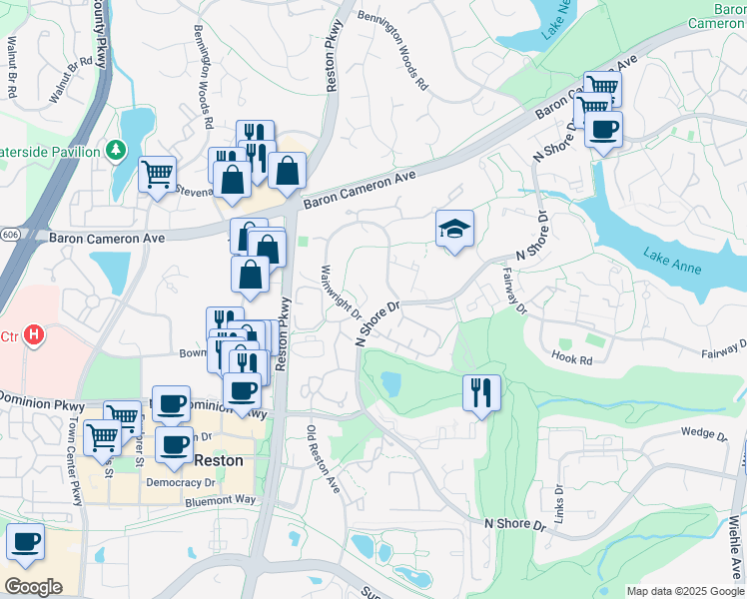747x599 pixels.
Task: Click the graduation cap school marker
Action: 454,229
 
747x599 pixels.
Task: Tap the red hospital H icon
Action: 35,334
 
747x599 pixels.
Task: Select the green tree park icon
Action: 118,151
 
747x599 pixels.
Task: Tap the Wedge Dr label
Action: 704,432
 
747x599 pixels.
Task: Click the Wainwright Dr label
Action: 341,293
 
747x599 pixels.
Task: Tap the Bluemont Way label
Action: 220,500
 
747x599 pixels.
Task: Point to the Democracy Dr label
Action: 181,481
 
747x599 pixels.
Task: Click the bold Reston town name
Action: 218,461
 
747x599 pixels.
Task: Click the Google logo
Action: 33,587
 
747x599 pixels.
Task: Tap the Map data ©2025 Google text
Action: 685,591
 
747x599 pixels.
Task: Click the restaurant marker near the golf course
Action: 481,392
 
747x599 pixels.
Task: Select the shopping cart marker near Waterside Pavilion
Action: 157,175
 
